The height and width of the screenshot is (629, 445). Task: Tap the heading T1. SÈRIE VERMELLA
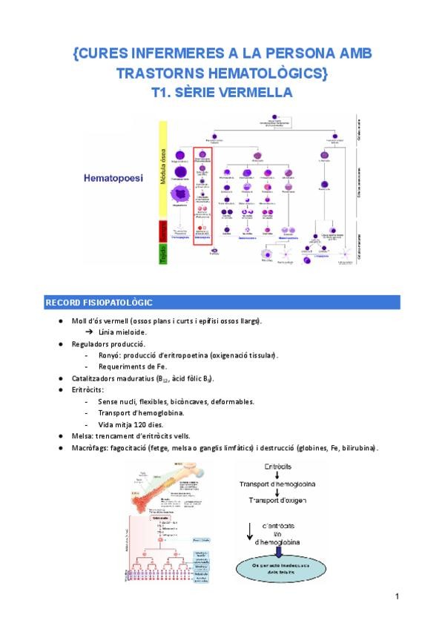click(222, 93)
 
